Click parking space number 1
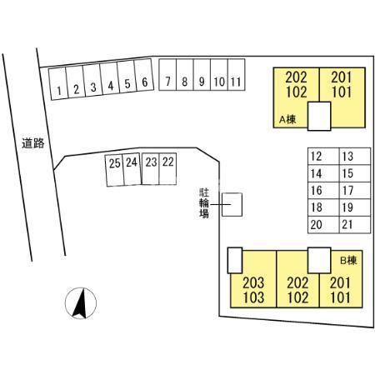[x=58, y=83]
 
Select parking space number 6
[x=144, y=75]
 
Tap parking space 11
[x=237, y=75]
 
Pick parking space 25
[x=115, y=170]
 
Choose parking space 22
[x=167, y=168]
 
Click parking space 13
[x=355, y=157]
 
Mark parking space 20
[x=323, y=224]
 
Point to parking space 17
[x=355, y=190]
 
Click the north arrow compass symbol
[x=81, y=303]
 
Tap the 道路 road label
[x=33, y=143]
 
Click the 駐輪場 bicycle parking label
[x=204, y=203]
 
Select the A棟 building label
[x=287, y=120]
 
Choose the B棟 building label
[x=348, y=261]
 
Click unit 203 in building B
[x=253, y=283]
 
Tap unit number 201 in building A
[x=342, y=77]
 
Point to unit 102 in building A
[x=297, y=92]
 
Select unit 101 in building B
[x=340, y=297]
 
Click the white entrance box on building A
[x=319, y=116]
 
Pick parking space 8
[x=185, y=75]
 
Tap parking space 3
[x=92, y=80]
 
